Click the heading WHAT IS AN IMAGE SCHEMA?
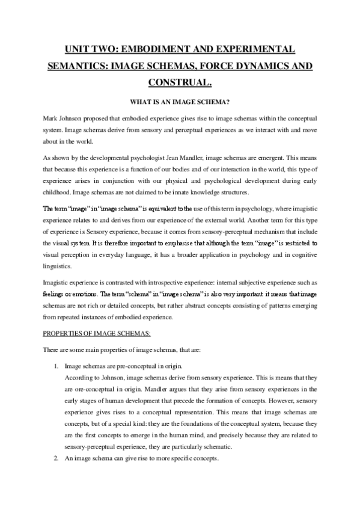[x=180, y=102]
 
